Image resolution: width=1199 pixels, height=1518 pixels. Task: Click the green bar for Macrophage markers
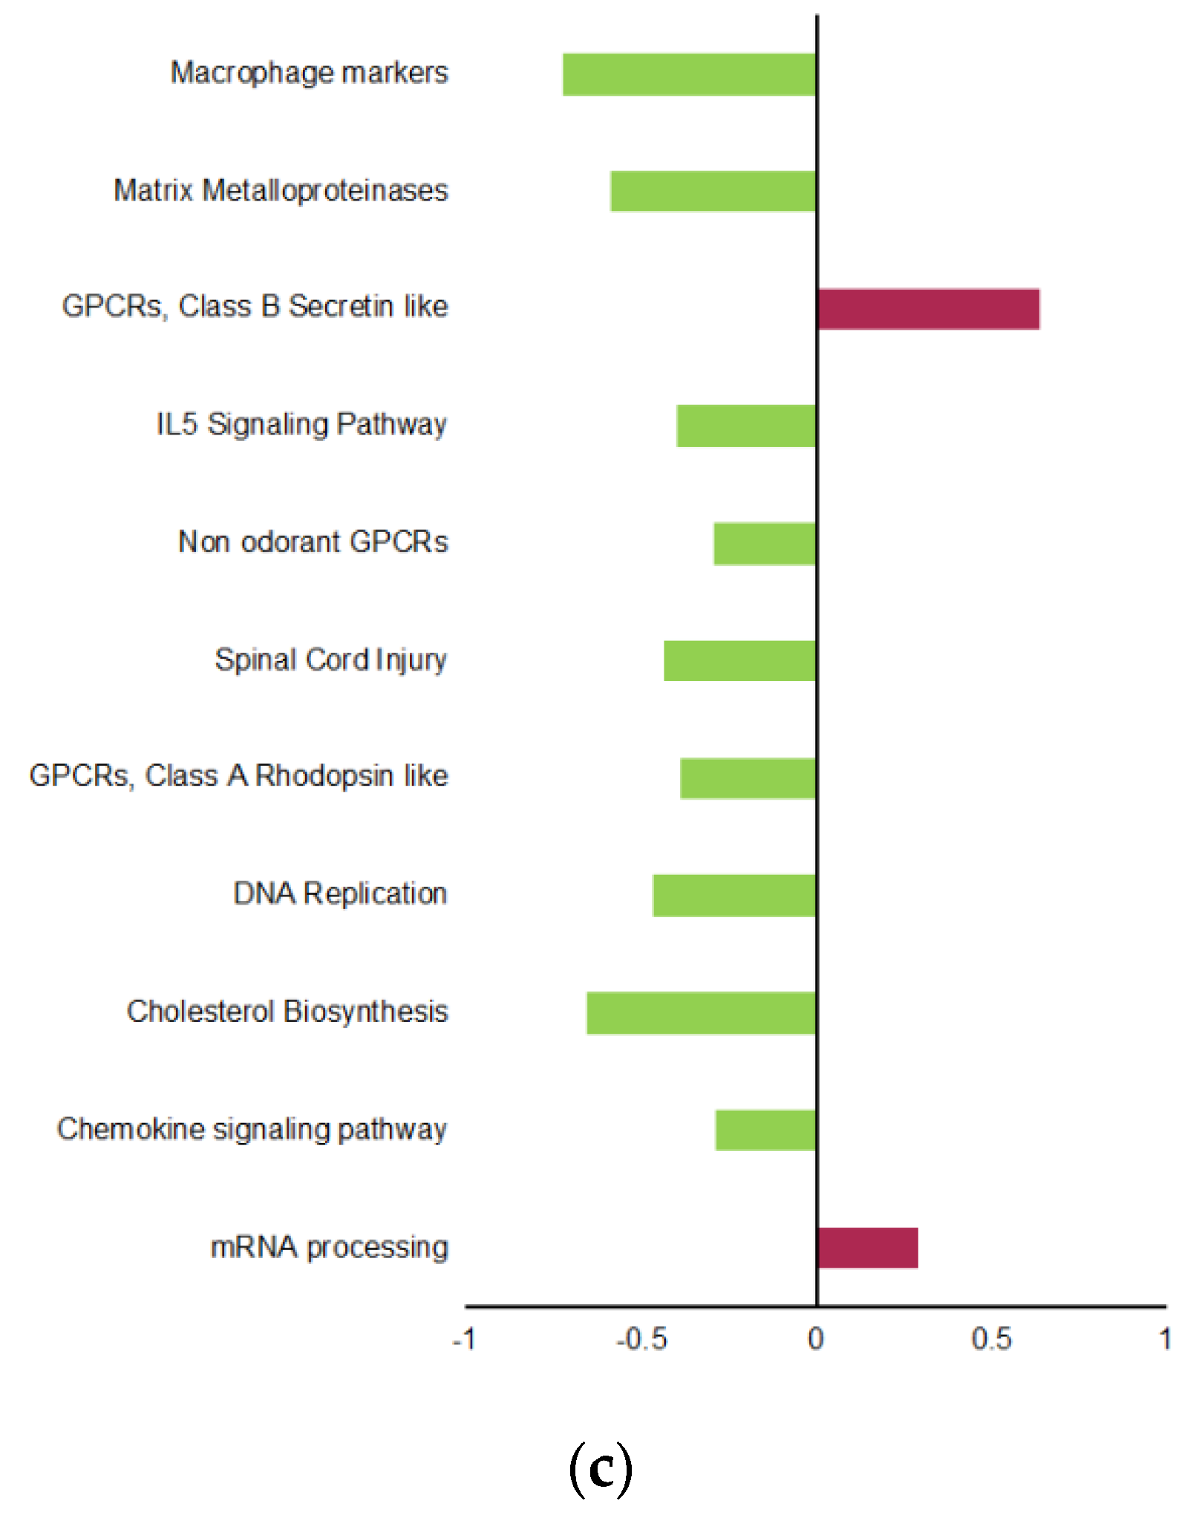pos(689,74)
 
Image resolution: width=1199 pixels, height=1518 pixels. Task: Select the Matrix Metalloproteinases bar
pos(713,192)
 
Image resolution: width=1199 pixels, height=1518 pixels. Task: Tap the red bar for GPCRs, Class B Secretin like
pos(928,309)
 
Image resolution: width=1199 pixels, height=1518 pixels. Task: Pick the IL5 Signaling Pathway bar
pos(746,426)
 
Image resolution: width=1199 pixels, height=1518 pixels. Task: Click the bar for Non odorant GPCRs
pos(765,544)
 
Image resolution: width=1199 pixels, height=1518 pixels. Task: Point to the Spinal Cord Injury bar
pos(739,660)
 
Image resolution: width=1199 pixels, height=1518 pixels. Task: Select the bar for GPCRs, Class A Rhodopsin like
pos(748,778)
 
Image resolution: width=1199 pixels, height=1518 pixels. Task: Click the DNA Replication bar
pos(734,895)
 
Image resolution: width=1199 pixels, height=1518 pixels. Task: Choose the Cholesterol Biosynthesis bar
pos(701,1012)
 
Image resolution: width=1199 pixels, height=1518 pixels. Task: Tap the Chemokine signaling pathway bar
pos(765,1130)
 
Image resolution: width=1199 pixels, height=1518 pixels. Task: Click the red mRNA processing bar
pos(867,1248)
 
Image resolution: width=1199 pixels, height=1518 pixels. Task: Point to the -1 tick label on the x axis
pos(465,1339)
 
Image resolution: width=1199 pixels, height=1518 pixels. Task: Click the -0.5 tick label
pos(641,1339)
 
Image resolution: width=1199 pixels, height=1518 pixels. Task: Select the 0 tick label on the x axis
pos(815,1339)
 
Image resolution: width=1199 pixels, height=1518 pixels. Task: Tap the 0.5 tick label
pos(991,1339)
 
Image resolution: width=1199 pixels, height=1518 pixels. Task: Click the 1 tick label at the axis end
pos(1165,1339)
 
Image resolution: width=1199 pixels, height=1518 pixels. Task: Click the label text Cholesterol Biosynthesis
pos(287,1012)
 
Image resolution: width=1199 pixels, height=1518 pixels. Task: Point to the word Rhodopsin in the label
pos(324,775)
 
